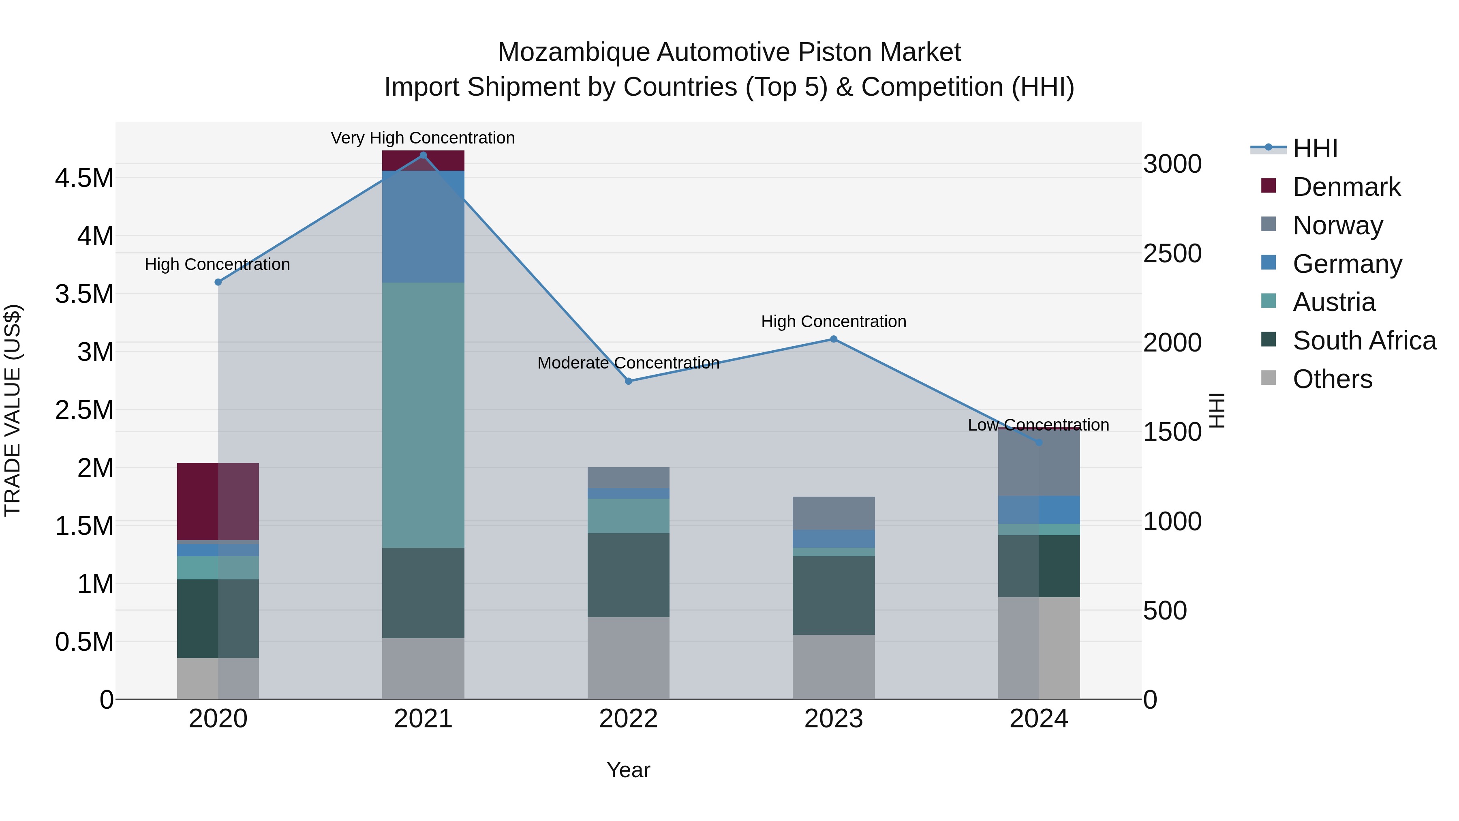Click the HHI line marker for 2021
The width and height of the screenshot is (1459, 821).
coord(423,155)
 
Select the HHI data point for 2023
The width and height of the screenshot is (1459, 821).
coord(834,339)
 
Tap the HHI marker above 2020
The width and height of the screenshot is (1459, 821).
coord(218,282)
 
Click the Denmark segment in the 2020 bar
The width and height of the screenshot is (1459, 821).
coord(218,502)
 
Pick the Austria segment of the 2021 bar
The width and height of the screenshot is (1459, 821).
coord(423,415)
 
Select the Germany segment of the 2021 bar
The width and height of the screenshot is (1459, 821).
coord(423,227)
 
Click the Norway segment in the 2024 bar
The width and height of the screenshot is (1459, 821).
coord(1039,462)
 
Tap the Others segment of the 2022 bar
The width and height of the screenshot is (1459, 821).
coord(628,658)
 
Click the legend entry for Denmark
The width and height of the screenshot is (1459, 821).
coord(1346,187)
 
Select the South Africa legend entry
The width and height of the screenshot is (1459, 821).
coord(1364,341)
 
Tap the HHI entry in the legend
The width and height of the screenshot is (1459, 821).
coord(1315,148)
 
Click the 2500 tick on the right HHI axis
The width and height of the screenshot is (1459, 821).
coord(1172,253)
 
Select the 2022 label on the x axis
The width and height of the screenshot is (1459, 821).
coord(628,719)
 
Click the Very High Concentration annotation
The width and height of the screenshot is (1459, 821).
coord(423,138)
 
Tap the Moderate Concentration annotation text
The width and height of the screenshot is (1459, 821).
coord(628,362)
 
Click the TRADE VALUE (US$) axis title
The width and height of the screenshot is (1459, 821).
coord(13,410)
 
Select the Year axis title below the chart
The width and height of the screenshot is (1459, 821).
coord(628,770)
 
